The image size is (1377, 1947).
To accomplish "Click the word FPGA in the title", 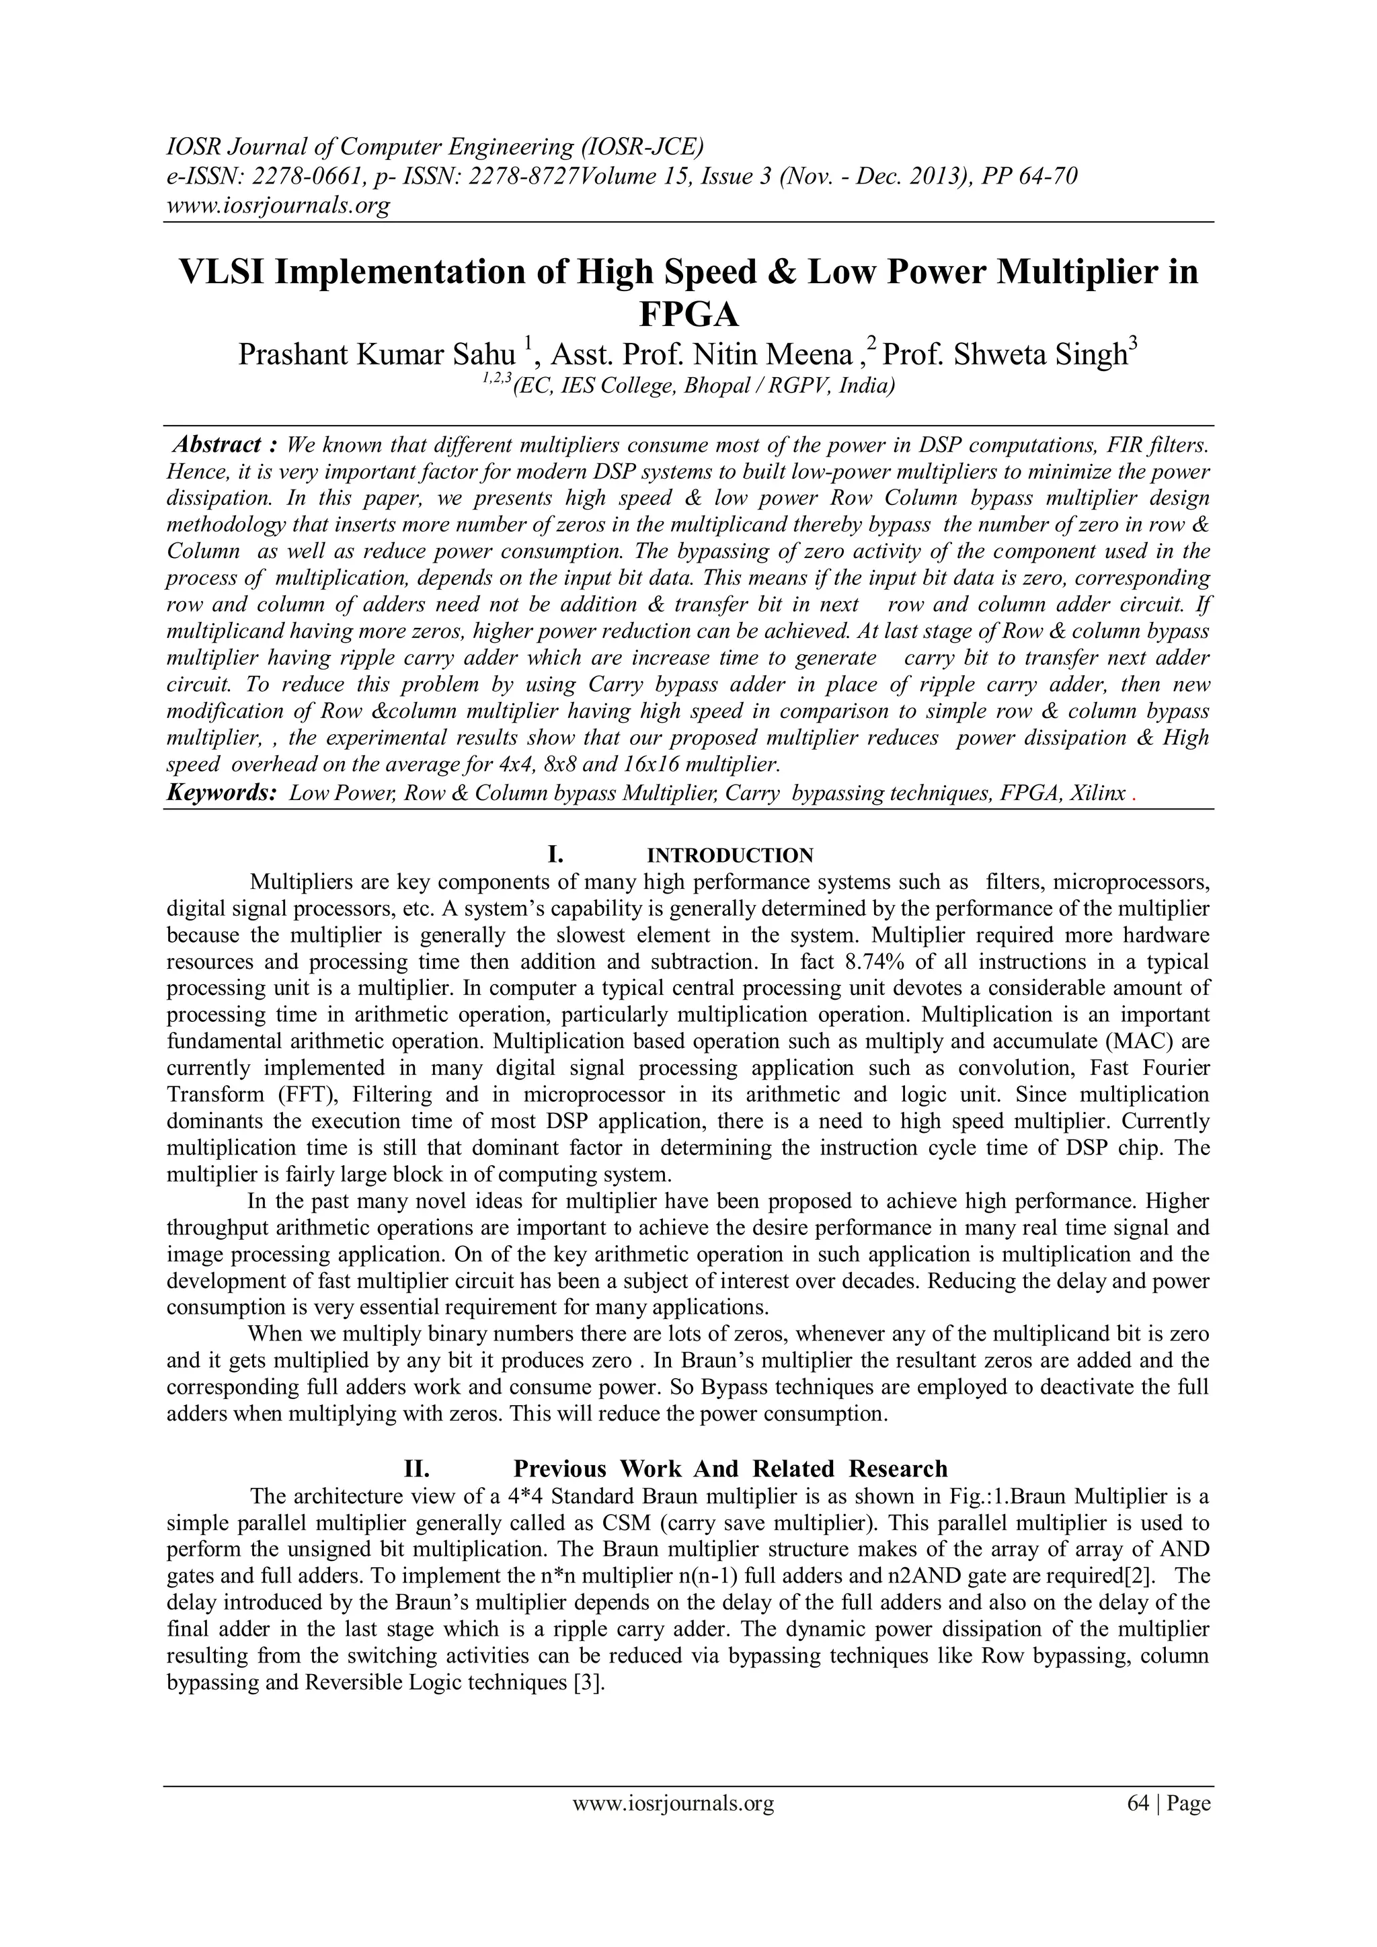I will (688, 315).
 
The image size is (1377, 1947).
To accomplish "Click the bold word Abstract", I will (217, 445).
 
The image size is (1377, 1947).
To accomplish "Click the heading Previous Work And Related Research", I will (730, 1469).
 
